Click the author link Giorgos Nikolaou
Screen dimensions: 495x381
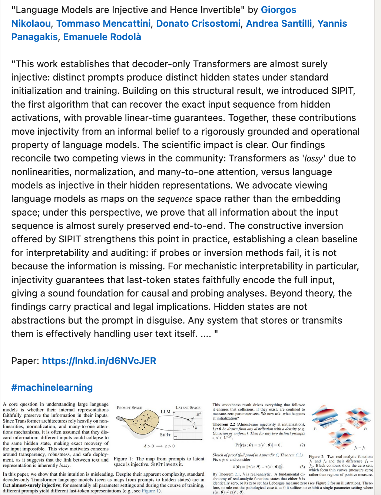pyautogui.click(x=278, y=10)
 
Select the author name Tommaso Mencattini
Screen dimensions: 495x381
pyautogui.click(x=103, y=23)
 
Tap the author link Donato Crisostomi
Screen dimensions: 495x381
pyautogui.click(x=198, y=23)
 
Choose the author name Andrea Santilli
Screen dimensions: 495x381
pyautogui.click(x=279, y=23)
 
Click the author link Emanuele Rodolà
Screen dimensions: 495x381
pyautogui.click(x=102, y=37)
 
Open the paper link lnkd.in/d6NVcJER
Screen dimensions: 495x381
pyautogui.click(x=99, y=361)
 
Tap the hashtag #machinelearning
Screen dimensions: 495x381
pyautogui.click(x=52, y=387)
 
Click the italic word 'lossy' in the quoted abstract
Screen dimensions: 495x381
pyautogui.click(x=314, y=158)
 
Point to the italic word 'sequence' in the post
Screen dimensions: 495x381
pyautogui.click(x=175, y=199)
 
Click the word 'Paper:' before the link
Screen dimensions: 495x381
pyautogui.click(x=25, y=361)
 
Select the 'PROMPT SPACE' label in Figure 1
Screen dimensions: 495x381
pyautogui.click(x=129, y=407)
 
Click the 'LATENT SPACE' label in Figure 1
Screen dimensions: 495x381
pyautogui.click(x=188, y=407)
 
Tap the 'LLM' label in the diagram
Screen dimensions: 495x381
pyautogui.click(x=165, y=412)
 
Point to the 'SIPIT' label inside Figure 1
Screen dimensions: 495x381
pyautogui.click(x=165, y=435)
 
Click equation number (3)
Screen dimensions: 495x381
pyautogui.click(x=302, y=467)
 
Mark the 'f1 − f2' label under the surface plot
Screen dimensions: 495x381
pyautogui.click(x=360, y=448)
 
